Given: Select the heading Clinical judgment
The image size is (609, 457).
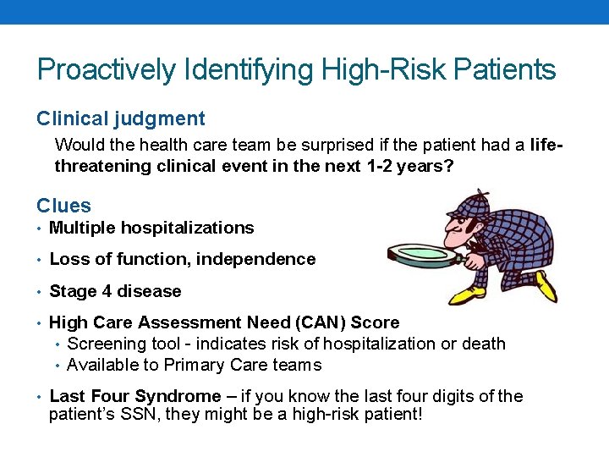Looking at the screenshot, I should pos(120,119).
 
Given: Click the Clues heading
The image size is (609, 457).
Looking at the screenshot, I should pos(63,206).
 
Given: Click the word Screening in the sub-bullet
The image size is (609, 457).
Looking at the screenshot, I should pos(103,344).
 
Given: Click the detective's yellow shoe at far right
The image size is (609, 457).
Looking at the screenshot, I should pos(546,286).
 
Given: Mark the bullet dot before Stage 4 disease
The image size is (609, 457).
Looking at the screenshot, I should pos(41,292).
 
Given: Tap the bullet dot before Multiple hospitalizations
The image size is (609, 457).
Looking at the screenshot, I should pos(41,228).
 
